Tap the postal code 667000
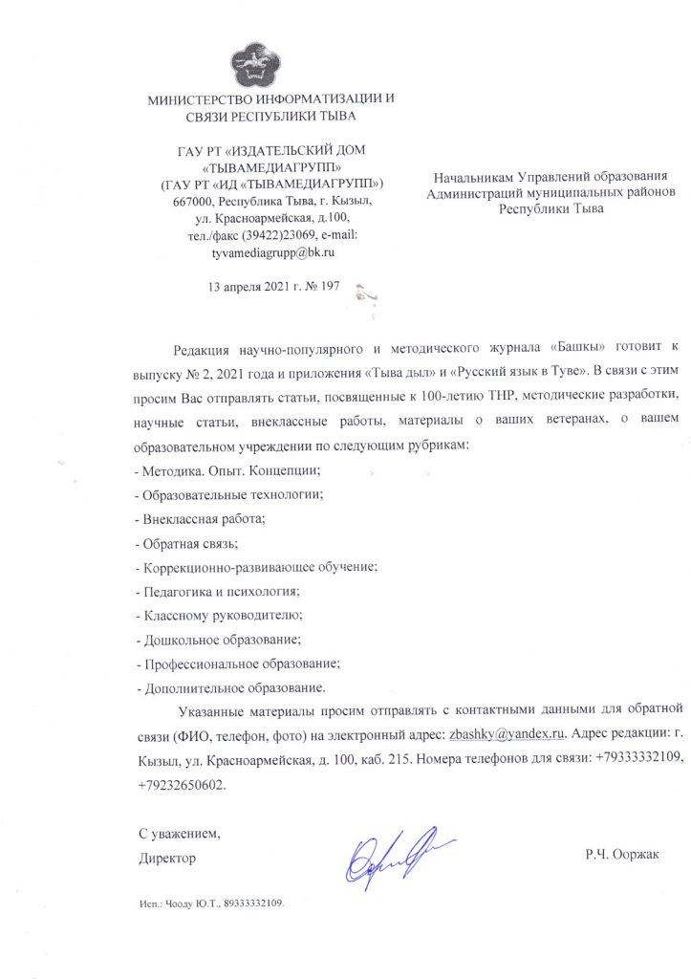(192, 201)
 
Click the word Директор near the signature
(167, 859)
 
